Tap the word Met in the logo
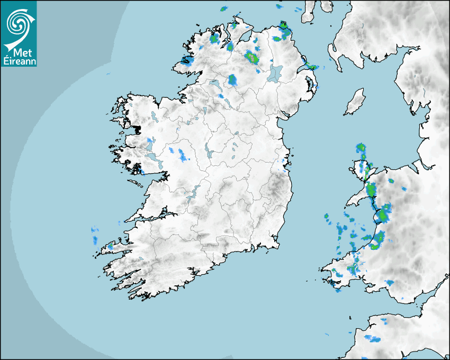pos(19,52)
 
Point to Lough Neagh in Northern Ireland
pos(275,73)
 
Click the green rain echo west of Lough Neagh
pos(252,57)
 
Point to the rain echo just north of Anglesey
pos(361,148)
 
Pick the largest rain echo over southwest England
pos(373,338)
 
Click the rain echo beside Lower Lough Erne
pos(232,80)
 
